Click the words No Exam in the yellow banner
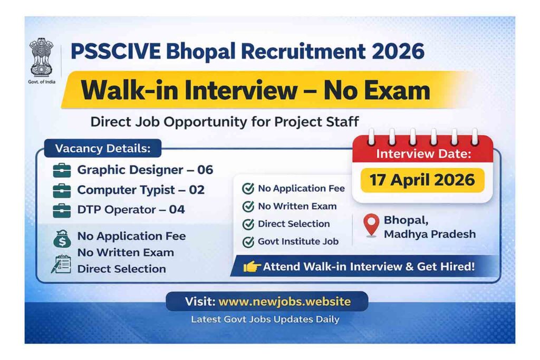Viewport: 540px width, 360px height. tap(377, 90)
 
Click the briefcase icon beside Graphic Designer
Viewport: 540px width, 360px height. tap(62, 170)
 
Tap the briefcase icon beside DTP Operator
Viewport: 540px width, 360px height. tap(62, 210)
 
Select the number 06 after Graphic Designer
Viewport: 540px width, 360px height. tap(205, 170)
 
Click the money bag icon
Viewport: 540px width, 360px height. tap(61, 239)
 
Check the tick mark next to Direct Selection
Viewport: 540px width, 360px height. tap(248, 224)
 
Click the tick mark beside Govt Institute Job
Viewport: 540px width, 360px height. tap(248, 242)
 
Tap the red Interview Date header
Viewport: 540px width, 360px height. tap(423, 154)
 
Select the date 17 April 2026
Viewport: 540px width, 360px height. tap(422, 180)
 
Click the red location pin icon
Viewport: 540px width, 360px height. tap(372, 226)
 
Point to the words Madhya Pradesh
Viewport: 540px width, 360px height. tap(429, 234)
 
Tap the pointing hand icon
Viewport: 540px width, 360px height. tap(252, 267)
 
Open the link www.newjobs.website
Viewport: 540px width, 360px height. tap(284, 301)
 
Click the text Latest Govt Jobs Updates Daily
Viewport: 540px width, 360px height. tap(265, 319)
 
